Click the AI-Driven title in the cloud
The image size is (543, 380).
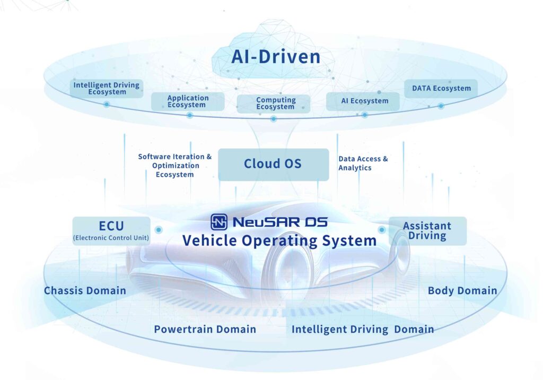[276, 56]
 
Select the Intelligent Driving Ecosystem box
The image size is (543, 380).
[107, 88]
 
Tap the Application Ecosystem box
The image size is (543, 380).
[188, 101]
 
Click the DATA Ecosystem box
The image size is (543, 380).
[441, 88]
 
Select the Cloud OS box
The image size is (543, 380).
[273, 164]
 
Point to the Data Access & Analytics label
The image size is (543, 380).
[363, 163]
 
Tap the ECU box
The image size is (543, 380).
[111, 230]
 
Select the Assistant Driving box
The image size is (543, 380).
[427, 230]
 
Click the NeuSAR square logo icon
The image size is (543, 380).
[219, 222]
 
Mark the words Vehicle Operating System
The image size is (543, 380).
[279, 240]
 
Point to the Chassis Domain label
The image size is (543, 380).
[85, 290]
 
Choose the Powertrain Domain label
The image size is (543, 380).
[205, 330]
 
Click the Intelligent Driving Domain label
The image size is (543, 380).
[363, 330]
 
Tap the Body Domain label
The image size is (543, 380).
[462, 290]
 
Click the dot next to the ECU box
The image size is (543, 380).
[159, 230]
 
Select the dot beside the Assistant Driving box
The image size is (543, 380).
[381, 230]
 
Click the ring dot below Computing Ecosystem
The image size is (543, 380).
[274, 119]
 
